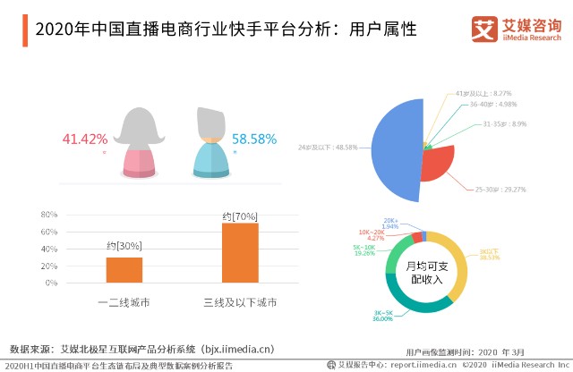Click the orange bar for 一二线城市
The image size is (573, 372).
click(124, 271)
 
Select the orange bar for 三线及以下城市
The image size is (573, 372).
click(239, 253)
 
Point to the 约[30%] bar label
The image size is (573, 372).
click(124, 247)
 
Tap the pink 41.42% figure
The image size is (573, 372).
click(85, 139)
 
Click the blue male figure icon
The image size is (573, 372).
click(211, 143)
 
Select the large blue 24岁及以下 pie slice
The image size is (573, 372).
click(394, 148)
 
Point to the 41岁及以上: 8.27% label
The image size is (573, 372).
click(483, 93)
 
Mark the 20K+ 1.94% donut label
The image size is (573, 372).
click(391, 224)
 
